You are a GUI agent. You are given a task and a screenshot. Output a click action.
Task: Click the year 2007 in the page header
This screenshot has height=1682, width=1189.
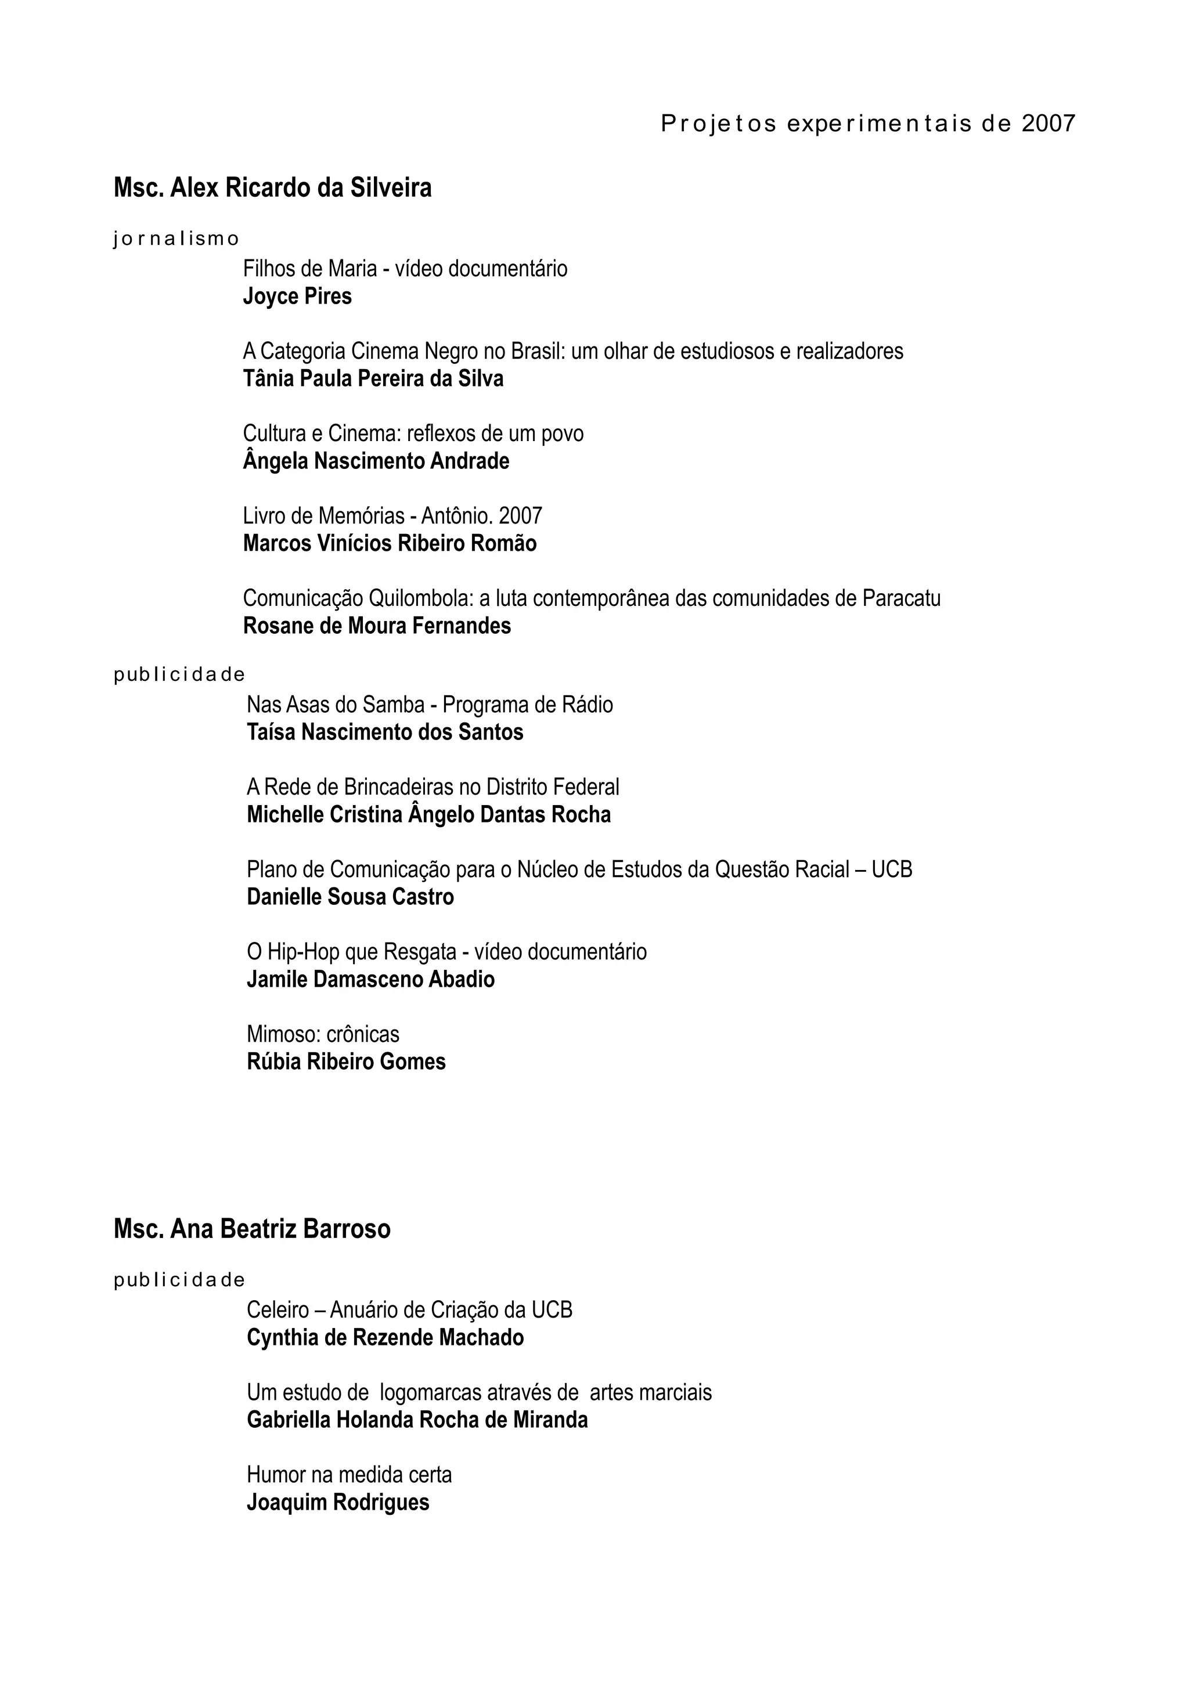[x=1049, y=124]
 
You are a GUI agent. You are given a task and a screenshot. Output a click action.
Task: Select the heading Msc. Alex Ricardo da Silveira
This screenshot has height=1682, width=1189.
[x=272, y=188]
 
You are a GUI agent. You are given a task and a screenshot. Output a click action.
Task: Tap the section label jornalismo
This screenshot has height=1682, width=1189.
[x=176, y=239]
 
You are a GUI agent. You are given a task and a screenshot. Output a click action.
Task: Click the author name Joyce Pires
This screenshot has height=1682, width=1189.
[x=297, y=297]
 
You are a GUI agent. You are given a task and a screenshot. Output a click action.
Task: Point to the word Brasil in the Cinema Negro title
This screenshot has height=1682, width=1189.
[x=536, y=352]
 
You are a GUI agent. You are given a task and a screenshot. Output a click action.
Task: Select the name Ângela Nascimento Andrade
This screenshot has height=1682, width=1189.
[x=376, y=461]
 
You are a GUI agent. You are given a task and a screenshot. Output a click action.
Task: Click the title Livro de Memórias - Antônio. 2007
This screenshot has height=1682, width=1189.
[x=392, y=517]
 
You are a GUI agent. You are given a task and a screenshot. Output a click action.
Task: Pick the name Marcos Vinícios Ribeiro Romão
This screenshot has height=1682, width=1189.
[x=390, y=544]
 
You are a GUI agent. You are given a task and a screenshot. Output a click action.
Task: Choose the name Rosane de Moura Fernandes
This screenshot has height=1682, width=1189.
[x=377, y=626]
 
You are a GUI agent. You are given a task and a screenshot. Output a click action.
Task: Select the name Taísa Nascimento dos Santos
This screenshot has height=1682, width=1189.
[x=384, y=732]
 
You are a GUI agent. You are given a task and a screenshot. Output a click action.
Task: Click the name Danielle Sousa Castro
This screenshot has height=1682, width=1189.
[x=350, y=897]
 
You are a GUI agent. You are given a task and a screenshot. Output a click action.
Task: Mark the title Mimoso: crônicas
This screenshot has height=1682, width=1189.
[x=323, y=1034]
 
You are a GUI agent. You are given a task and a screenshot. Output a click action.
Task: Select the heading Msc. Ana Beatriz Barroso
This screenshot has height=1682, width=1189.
[x=252, y=1229]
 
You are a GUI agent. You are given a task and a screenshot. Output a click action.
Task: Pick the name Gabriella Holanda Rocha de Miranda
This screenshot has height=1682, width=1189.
[x=417, y=1420]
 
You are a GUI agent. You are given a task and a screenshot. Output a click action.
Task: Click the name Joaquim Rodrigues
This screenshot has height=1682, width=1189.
[x=338, y=1503]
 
